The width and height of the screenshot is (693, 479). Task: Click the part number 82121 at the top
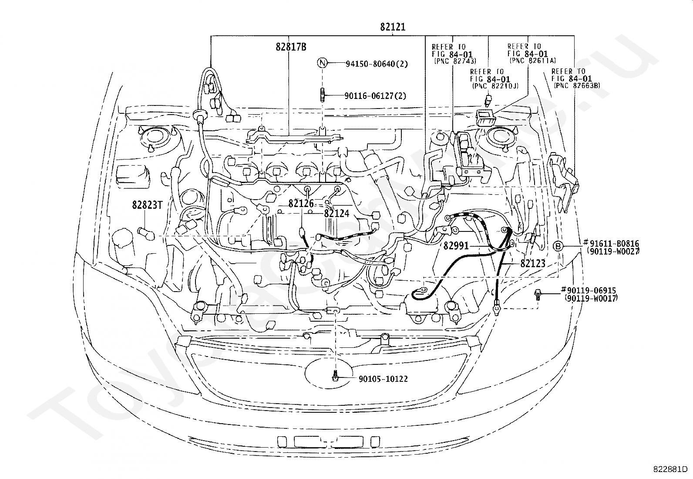(x=393, y=27)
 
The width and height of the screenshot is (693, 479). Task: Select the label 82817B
(x=291, y=47)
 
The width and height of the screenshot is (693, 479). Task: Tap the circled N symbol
(x=323, y=63)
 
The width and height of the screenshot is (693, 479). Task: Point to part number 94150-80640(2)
(x=377, y=64)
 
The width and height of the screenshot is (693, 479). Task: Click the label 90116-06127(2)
(x=375, y=96)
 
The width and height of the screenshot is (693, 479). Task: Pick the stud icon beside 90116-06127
(x=323, y=95)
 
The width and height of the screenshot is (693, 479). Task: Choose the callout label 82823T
(x=147, y=205)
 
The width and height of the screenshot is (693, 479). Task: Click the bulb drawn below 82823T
(x=146, y=234)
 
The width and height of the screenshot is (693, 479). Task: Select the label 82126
(x=301, y=204)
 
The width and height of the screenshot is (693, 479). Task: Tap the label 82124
(x=336, y=214)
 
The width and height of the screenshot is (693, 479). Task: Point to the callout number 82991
(x=456, y=246)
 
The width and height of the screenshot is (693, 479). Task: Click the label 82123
(x=533, y=263)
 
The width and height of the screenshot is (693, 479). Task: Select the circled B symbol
(x=558, y=246)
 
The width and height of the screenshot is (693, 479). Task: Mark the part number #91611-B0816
(x=611, y=243)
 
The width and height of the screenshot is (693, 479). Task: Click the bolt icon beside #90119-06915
(x=538, y=295)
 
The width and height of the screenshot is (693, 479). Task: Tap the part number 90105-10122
(x=384, y=379)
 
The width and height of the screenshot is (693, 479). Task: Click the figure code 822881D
(x=670, y=469)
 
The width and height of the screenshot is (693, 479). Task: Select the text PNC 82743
(x=455, y=61)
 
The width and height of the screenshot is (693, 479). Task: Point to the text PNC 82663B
(x=577, y=85)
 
